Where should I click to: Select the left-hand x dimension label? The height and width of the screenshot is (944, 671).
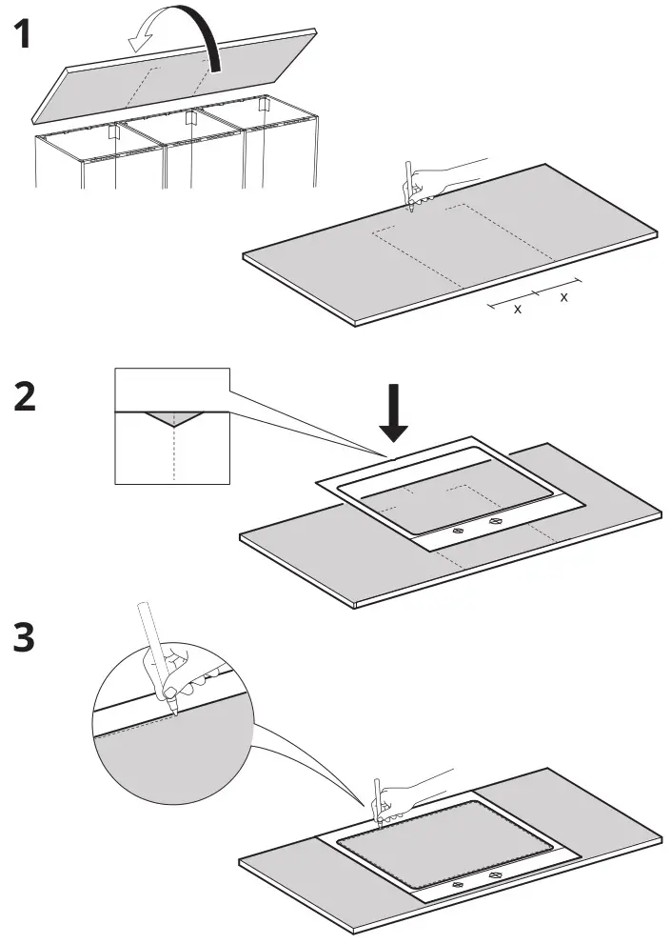pos(518,310)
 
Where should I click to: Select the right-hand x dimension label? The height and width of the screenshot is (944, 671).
pos(563,297)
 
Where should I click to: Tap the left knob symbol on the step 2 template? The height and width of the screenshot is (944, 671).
pos(457,530)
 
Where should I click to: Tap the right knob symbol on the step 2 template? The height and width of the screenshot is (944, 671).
pos(494,521)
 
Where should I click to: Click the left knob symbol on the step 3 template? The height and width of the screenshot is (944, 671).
pos(457,884)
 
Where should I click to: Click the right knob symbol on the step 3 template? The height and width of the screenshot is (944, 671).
pos(494,874)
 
